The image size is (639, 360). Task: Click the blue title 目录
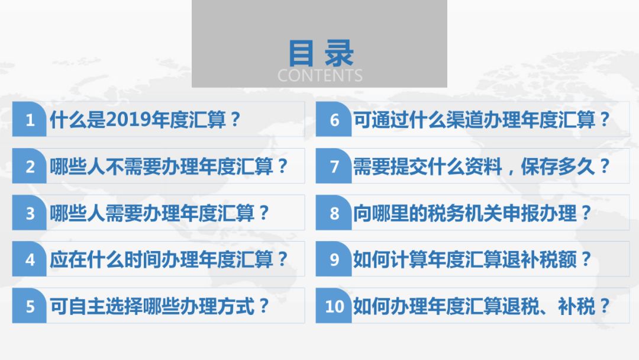coord(321,53)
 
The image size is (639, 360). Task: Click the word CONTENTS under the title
coord(320,76)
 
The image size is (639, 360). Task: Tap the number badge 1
coord(30,119)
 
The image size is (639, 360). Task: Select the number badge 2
coord(30,166)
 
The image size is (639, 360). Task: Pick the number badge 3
coord(30,213)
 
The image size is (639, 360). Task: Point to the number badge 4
coord(30,259)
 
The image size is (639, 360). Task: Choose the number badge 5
coord(30,306)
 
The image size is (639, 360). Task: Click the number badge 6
coord(333,119)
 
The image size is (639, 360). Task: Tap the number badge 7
coord(333,166)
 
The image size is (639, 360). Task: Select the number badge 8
coord(333,213)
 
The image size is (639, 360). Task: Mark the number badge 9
coord(333,259)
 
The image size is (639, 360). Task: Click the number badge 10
coord(333,306)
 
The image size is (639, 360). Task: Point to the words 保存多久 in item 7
coord(557,166)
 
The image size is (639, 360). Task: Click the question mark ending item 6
coord(604,120)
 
